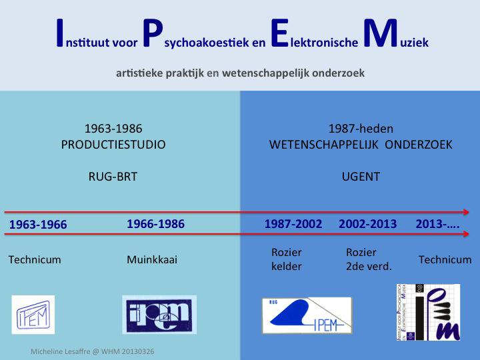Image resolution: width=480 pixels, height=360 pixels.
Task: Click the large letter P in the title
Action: point(152,33)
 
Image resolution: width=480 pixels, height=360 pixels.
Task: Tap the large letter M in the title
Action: point(380,33)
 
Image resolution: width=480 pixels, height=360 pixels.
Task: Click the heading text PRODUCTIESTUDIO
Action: point(113,145)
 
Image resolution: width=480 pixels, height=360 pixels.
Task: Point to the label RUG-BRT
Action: point(113,177)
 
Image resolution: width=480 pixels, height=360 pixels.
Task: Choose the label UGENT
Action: point(361,177)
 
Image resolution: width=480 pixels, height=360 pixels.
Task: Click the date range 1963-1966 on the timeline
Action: point(38,225)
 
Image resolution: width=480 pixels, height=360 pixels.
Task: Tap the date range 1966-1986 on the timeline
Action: point(155,224)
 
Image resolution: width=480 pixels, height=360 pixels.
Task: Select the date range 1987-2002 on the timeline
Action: point(293,224)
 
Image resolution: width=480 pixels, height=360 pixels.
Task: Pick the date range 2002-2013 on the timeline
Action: point(367,224)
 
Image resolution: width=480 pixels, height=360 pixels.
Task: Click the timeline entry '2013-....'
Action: point(437,224)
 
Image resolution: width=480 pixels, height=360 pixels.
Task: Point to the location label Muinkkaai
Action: point(152,259)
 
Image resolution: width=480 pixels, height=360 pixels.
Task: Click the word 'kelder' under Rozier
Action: point(287,266)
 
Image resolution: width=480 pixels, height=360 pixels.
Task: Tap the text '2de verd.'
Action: point(369,267)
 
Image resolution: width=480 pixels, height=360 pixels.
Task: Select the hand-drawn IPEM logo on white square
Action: point(33,315)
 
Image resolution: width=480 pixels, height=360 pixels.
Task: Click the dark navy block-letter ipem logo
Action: point(159,315)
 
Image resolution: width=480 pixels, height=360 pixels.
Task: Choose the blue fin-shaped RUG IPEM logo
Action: point(307,315)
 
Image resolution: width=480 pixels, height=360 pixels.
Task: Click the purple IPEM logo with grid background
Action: point(428,312)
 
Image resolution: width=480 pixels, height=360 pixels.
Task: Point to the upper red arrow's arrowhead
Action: point(466,212)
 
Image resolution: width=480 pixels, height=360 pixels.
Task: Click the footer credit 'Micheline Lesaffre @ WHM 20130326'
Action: point(93,351)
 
